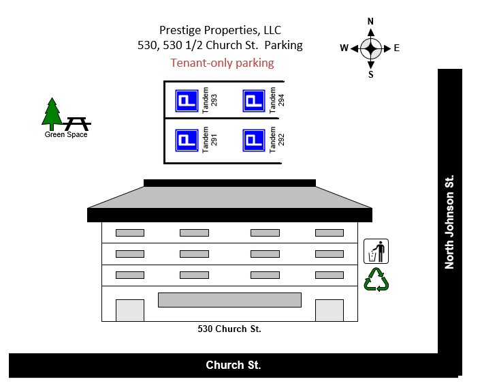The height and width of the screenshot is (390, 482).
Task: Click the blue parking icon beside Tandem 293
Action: point(187,101)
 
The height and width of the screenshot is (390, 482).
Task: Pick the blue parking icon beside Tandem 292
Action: point(253,140)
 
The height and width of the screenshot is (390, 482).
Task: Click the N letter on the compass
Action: point(370,21)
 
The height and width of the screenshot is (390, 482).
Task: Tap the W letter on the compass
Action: point(344,48)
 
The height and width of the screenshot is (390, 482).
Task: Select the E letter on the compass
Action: point(396,48)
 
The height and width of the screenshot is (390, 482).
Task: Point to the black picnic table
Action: point(76,123)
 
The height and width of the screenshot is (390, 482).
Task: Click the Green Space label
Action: point(66,134)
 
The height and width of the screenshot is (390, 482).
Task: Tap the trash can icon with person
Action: point(376,252)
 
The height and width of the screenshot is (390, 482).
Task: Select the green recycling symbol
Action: point(376,280)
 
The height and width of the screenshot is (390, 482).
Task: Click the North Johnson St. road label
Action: point(449,223)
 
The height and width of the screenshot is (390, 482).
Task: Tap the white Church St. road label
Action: point(234,365)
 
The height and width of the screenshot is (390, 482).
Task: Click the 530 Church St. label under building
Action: point(229,329)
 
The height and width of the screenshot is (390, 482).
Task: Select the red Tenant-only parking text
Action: point(222,63)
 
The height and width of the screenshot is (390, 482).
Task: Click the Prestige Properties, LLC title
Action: point(220,30)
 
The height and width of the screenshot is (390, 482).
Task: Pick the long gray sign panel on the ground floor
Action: point(229,300)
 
